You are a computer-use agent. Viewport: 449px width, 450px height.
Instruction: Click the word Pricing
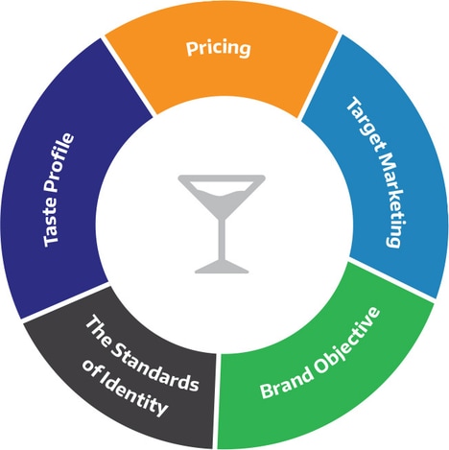coord(219,49)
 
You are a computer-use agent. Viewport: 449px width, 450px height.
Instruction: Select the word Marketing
coord(389,199)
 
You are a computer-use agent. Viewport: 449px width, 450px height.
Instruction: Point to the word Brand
coord(286,381)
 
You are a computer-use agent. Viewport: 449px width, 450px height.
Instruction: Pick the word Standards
coord(155,367)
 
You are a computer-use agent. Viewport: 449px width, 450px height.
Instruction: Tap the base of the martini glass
coord(222,268)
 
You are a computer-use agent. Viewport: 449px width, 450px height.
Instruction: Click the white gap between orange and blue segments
coord(319,76)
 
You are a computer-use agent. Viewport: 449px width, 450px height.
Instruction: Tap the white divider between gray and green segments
coord(215,401)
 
